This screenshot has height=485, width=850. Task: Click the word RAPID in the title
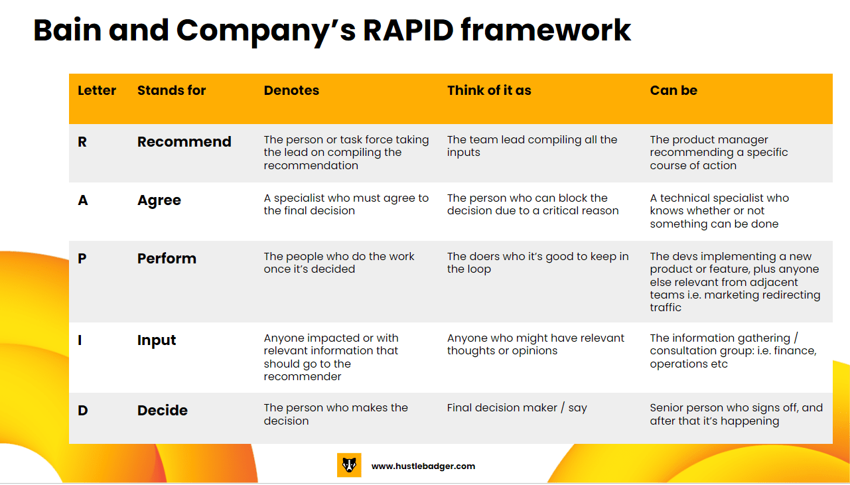tap(408, 31)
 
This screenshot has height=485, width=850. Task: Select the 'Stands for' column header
tap(171, 90)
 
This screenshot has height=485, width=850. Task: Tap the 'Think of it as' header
tap(489, 90)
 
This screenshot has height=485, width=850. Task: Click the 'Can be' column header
tap(673, 90)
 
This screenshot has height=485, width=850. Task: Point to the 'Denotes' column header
tap(291, 90)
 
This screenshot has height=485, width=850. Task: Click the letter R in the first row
tap(82, 142)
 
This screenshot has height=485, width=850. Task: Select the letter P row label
tap(82, 259)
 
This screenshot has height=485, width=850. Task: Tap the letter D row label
tap(83, 411)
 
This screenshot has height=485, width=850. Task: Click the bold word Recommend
tap(184, 142)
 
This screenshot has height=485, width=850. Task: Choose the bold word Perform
tap(167, 259)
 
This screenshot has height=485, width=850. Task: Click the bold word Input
tap(157, 340)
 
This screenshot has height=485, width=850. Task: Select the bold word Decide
tap(163, 411)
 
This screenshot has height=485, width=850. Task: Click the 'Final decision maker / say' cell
tap(517, 408)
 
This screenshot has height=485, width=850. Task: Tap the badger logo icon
tap(349, 465)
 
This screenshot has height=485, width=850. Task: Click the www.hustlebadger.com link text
tap(423, 466)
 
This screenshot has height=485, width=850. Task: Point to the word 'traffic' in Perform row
tap(666, 307)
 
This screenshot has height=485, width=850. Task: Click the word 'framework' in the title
tap(546, 31)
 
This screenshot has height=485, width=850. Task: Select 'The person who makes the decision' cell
tap(336, 415)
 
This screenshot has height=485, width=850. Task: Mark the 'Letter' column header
tap(97, 90)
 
